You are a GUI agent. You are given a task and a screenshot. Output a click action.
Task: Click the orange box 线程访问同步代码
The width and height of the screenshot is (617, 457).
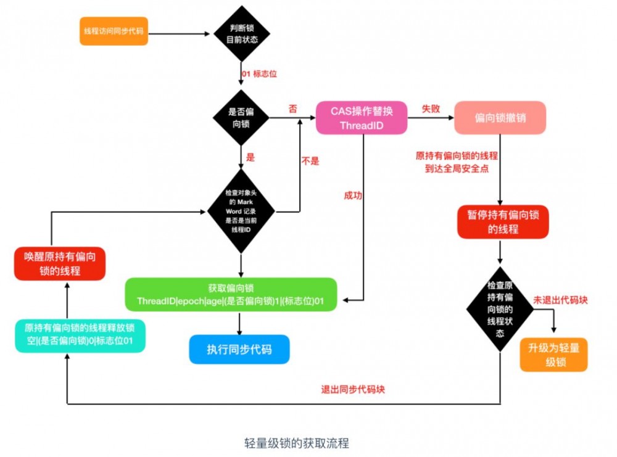(114, 31)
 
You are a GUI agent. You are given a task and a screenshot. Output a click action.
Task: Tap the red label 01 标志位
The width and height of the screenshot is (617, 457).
(259, 74)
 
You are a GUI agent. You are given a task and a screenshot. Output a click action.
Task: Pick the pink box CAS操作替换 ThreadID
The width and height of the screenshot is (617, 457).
(362, 118)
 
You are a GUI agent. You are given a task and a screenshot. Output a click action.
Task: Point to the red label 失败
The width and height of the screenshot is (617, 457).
(431, 108)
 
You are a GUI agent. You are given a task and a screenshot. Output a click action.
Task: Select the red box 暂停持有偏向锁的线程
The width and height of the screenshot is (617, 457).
(503, 222)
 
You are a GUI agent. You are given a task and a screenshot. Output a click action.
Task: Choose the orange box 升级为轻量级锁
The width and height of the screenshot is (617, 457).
(553, 354)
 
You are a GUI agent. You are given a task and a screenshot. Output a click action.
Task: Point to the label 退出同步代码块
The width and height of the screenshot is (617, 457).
(354, 389)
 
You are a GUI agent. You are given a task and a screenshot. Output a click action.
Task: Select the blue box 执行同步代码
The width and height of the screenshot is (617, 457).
(239, 350)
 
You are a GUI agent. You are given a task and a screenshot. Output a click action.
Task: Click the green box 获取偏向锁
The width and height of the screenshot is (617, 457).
(231, 295)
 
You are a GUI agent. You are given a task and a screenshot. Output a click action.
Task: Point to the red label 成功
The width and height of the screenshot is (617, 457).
(353, 196)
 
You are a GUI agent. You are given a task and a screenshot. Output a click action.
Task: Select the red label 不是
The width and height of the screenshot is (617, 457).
(310, 161)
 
